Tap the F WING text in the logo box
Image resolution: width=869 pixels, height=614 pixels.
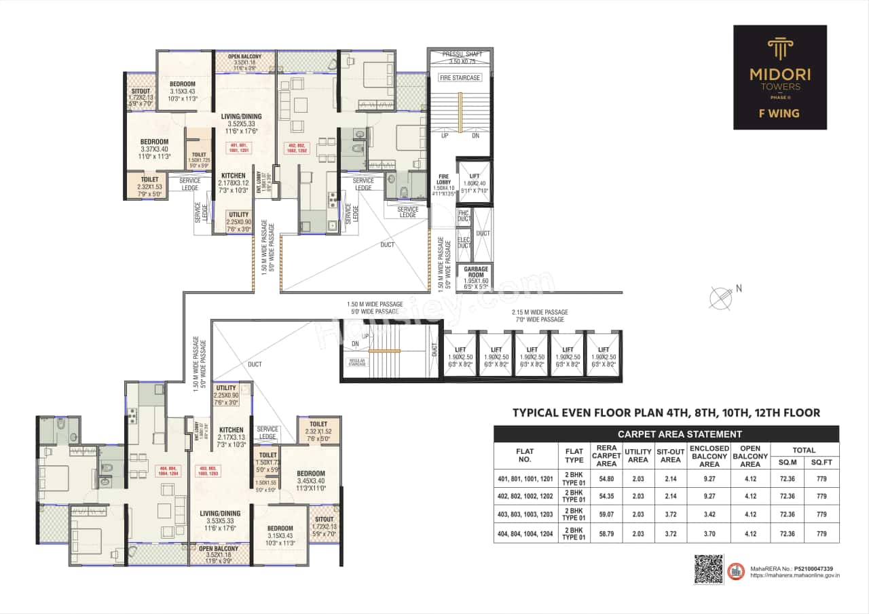780,113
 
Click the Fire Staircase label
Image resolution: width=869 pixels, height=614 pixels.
460,78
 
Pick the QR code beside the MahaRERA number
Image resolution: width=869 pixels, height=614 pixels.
708,569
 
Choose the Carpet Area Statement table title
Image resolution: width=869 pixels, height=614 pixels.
666,434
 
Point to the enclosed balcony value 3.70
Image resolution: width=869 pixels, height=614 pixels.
709,533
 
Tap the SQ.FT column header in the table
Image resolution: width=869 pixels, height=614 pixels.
822,463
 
